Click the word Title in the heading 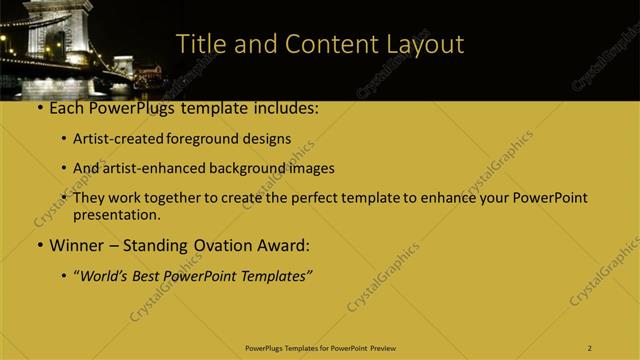(201, 44)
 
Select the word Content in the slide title (329, 44)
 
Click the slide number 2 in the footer (590, 348)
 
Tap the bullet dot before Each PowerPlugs (39, 108)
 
